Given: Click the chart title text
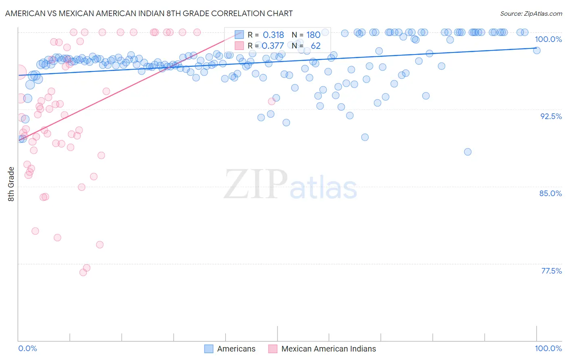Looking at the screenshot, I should coord(149,13).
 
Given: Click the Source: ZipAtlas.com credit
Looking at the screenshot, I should coord(531,13).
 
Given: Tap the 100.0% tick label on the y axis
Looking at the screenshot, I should coord(548,39).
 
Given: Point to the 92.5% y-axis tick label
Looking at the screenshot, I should coord(551,116).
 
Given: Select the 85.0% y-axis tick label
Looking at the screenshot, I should coord(550,193).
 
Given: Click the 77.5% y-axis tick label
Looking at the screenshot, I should coord(551,271).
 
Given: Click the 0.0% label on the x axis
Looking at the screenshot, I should coord(27,348).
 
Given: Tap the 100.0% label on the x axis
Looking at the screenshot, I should coord(548,348).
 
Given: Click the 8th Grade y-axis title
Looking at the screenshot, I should coord(11,184).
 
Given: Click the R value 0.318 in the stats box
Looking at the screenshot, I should coord(273,35).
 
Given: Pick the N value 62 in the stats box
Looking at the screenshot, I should coord(315,46).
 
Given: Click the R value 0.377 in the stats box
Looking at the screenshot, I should coord(273,46).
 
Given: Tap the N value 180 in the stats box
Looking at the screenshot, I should coord(313,35).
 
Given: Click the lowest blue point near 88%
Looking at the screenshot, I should coord(468,152).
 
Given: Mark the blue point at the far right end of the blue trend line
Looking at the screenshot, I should coord(537,50).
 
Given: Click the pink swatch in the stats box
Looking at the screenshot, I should coord(239,46).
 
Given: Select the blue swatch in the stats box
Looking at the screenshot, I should coord(239,35).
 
